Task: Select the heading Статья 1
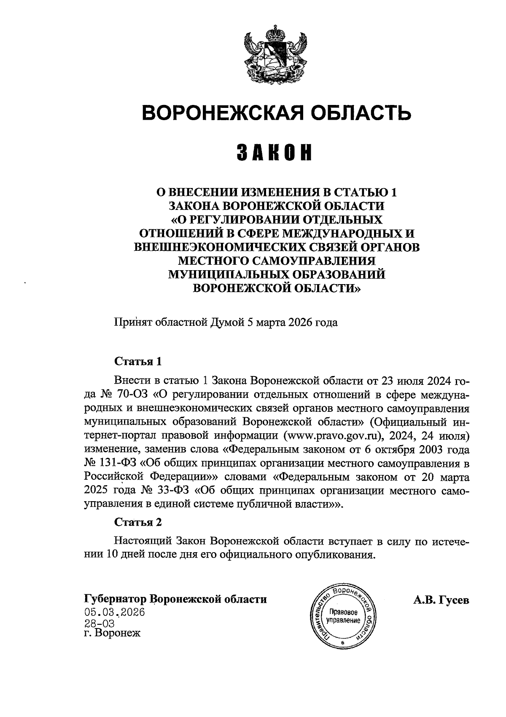(138, 362)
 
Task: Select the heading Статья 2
(138, 522)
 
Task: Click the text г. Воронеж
(112, 634)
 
